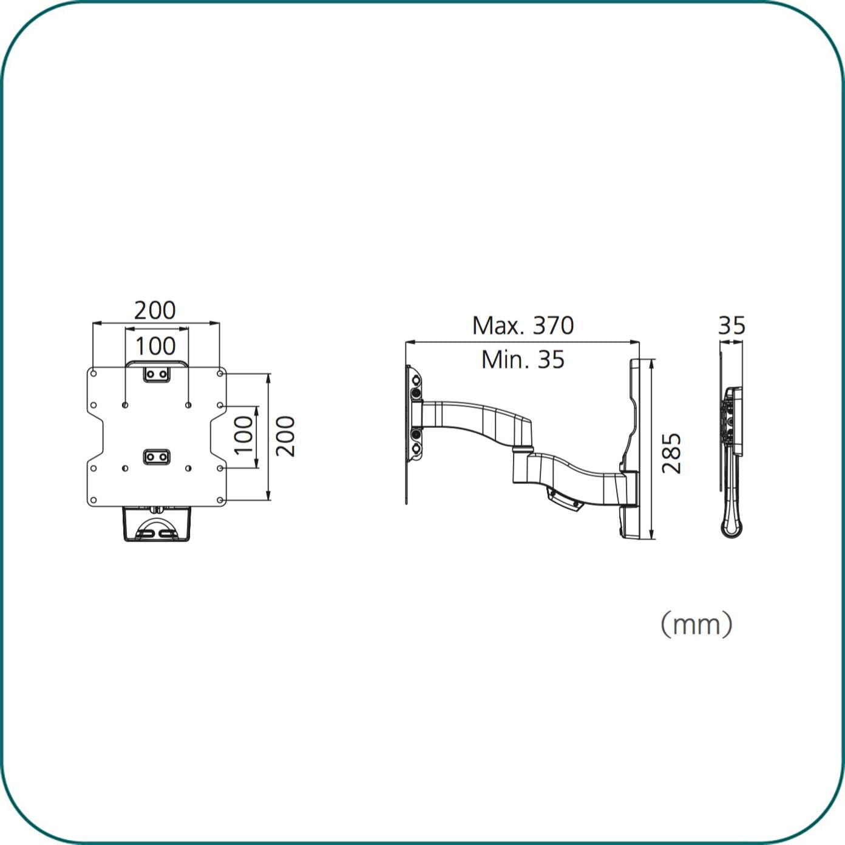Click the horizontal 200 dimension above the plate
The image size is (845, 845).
(155, 310)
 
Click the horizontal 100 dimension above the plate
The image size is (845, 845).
(155, 346)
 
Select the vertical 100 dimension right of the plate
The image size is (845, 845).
(243, 435)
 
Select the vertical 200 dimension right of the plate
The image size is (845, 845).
(285, 436)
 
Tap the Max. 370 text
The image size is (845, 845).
(523, 325)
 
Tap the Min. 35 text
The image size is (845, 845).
(523, 359)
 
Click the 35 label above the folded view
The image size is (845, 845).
(731, 325)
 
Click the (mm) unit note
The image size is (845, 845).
(696, 624)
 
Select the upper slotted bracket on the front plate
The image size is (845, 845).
(157, 375)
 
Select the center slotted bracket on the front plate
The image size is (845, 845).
(157, 456)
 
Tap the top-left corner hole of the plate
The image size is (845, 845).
(93, 373)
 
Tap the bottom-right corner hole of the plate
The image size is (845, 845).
(220, 501)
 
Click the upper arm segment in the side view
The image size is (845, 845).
(480, 419)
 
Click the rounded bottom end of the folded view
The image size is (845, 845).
(732, 529)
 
